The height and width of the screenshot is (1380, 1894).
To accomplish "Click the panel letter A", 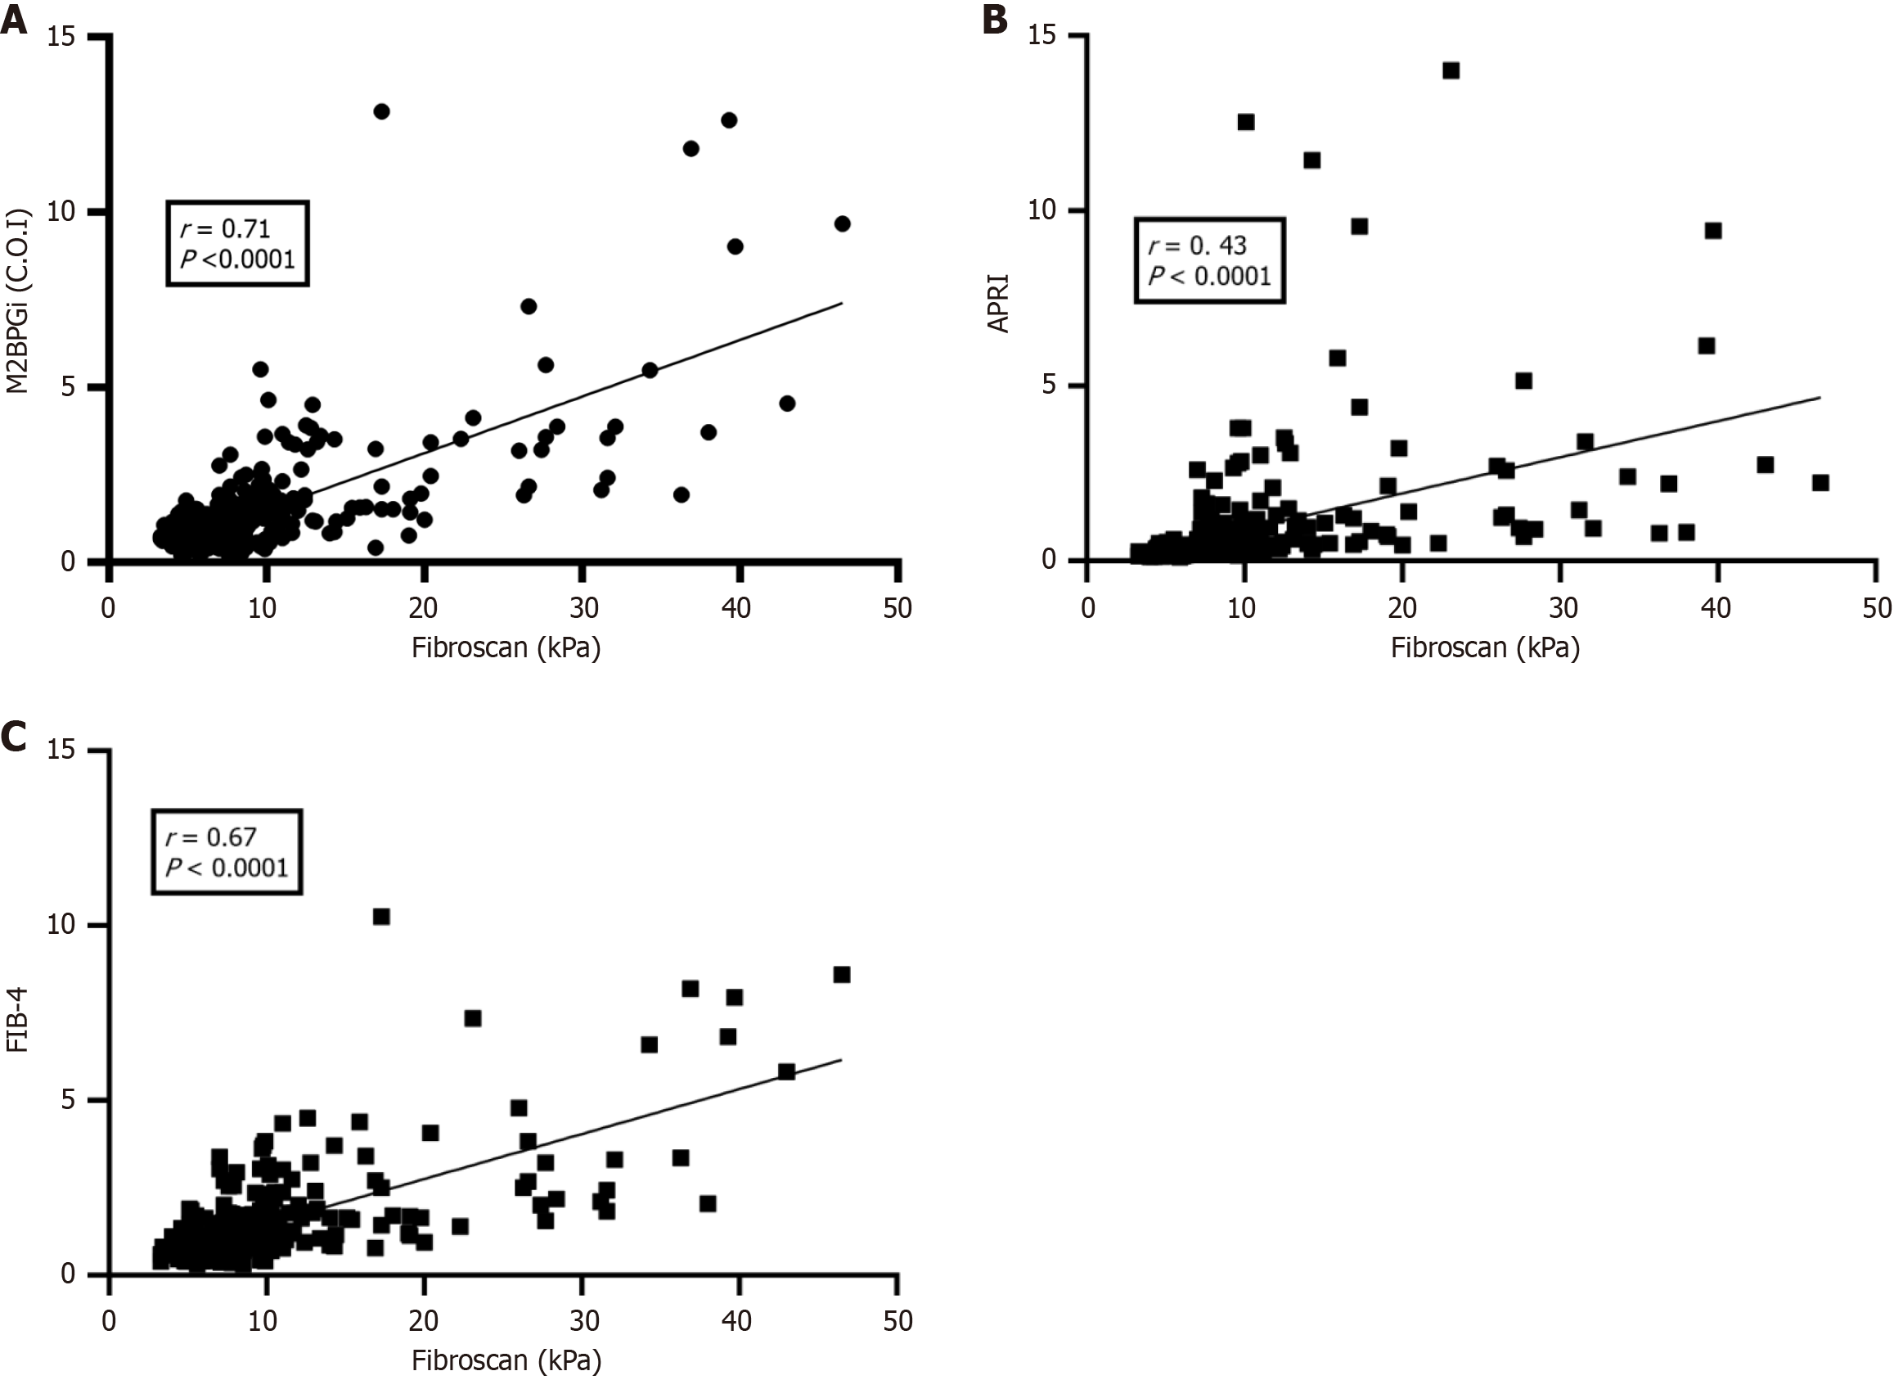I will click(14, 18).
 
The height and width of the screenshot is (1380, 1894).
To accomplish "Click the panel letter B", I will click(994, 18).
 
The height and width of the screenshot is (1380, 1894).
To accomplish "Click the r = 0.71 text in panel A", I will click(225, 228).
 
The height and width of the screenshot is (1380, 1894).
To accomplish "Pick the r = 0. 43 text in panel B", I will click(1198, 246).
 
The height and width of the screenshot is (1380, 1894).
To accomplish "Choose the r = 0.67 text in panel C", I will click(210, 837).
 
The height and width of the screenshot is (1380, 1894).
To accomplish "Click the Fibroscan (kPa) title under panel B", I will click(1485, 648).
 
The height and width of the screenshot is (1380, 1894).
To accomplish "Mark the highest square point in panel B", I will click(1451, 71).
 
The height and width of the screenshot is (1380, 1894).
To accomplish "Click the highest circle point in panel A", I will click(381, 111).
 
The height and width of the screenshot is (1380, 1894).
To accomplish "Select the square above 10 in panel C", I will click(381, 917).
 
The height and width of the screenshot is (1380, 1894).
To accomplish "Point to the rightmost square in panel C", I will click(842, 975).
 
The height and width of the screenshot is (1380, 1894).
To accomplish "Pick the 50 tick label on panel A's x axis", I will click(898, 607).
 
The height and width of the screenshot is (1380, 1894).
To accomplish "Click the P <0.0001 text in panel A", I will click(238, 259).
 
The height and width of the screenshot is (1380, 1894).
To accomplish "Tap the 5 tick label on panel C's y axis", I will click(69, 1100).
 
